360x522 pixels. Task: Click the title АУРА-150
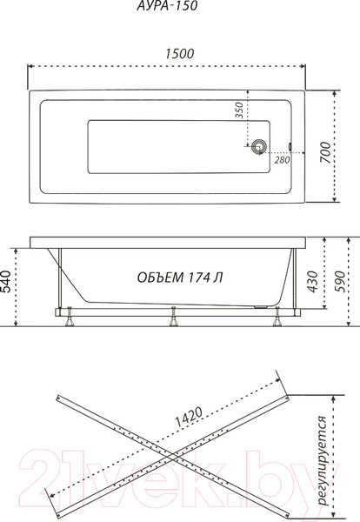coord(167,6)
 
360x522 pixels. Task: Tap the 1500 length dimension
coord(180,54)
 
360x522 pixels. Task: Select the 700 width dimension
coord(326,152)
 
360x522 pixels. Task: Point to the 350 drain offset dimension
coord(239,110)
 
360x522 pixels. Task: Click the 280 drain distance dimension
coord(282,160)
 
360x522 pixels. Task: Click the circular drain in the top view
coord(258,146)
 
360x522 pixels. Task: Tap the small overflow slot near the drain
coord(290,146)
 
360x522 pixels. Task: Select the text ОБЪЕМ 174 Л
coord(180,278)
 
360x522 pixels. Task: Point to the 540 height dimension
coord(6,282)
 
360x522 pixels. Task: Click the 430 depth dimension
coord(312,282)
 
